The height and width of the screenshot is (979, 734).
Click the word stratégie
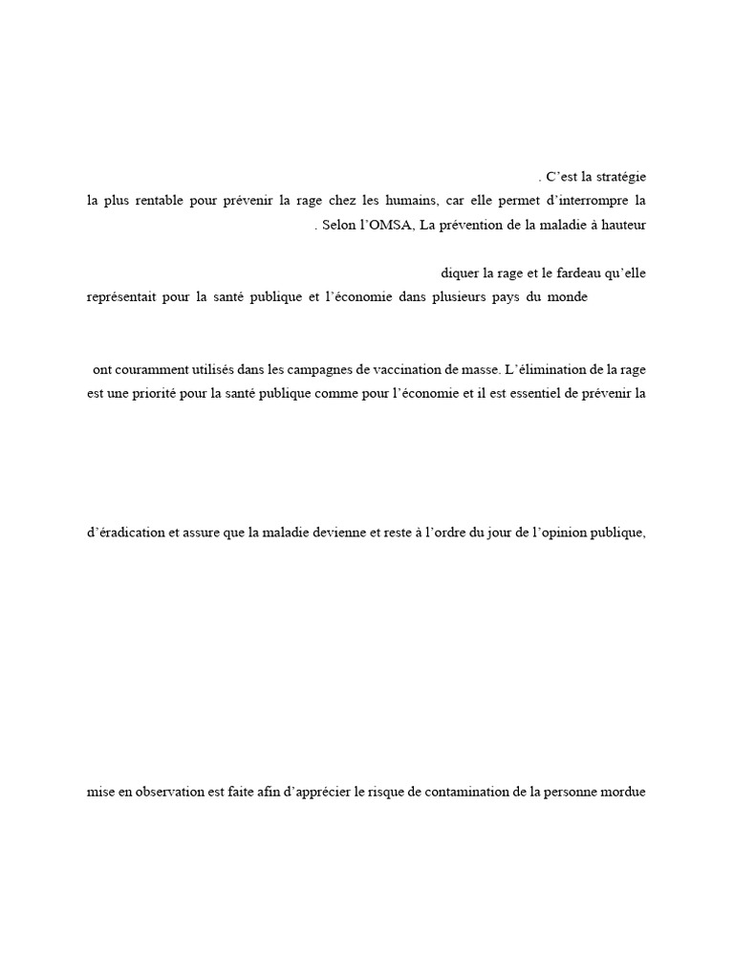[620, 177]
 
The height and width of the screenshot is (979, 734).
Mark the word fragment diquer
[459, 272]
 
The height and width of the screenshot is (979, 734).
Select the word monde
[566, 296]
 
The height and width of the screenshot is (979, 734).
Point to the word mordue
[625, 792]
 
